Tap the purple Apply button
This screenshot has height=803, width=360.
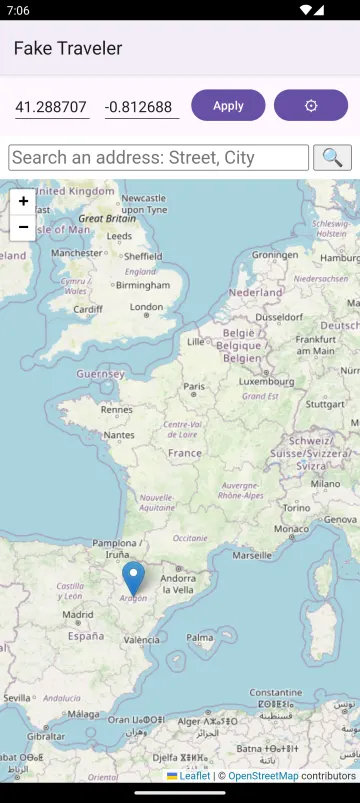pyautogui.click(x=228, y=105)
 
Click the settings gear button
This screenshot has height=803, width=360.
pyautogui.click(x=311, y=105)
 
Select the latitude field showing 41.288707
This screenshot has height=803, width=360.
pyautogui.click(x=52, y=106)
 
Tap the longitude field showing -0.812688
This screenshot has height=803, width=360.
pyautogui.click(x=141, y=106)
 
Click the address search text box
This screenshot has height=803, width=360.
pyautogui.click(x=159, y=158)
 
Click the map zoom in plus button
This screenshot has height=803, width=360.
pyautogui.click(x=23, y=201)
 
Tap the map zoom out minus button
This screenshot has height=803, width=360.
pyautogui.click(x=23, y=227)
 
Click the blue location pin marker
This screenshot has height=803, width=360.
pyautogui.click(x=133, y=579)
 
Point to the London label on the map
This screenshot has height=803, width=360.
pyautogui.click(x=146, y=308)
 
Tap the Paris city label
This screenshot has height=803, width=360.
pyautogui.click(x=194, y=387)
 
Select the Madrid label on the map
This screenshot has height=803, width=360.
pyautogui.click(x=77, y=614)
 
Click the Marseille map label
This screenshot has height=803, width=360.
pyautogui.click(x=251, y=554)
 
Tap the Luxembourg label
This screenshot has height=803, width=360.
pyautogui.click(x=266, y=381)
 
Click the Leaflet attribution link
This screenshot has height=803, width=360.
pyautogui.click(x=194, y=776)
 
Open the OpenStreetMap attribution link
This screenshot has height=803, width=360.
pyautogui.click(x=262, y=776)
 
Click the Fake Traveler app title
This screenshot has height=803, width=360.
pyautogui.click(x=68, y=48)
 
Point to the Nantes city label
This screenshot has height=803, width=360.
pyautogui.click(x=119, y=435)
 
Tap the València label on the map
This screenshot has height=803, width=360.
pyautogui.click(x=141, y=639)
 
